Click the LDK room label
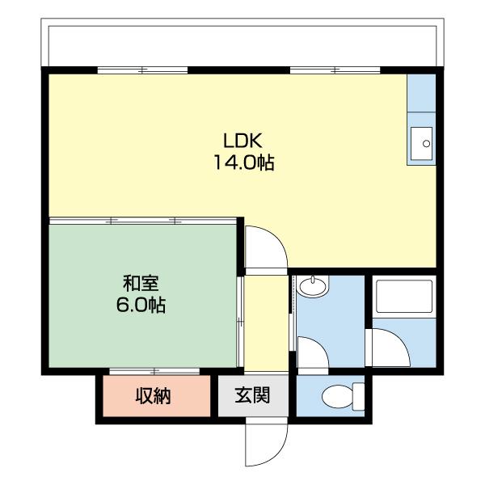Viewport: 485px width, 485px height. point(242,141)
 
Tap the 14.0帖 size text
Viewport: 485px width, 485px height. point(244,162)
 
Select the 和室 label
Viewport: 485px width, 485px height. point(141,283)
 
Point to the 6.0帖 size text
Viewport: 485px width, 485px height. point(141,305)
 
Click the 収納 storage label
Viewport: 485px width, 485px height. point(153,396)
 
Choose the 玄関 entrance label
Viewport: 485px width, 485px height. point(252,395)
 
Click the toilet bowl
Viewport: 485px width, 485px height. point(337,397)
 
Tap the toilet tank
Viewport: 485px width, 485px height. point(358,397)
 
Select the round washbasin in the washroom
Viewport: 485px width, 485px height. point(312,286)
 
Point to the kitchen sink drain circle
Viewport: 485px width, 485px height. point(427,144)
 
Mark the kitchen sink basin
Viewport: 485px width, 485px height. point(421,144)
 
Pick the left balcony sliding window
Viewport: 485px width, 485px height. point(142,70)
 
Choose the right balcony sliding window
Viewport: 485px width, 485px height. point(335,70)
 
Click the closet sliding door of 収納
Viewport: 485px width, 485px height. point(154,371)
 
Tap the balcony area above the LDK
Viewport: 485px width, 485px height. point(242,44)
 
